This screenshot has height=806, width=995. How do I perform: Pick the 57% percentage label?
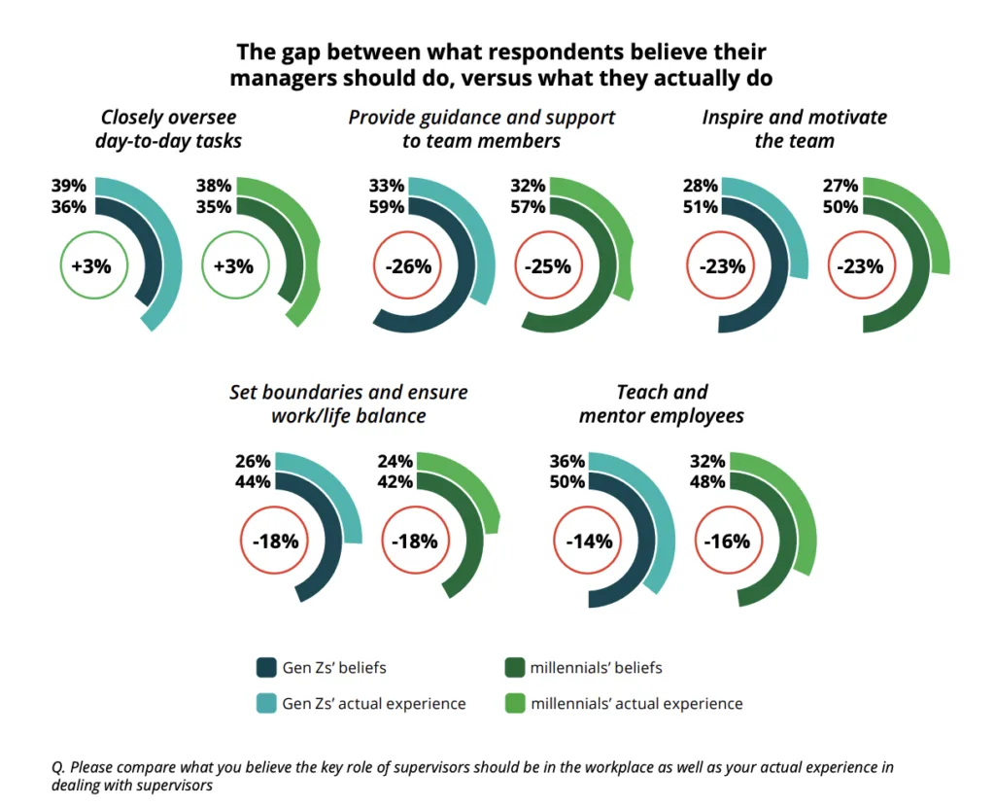click(527, 206)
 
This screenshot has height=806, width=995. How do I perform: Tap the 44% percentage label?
click(253, 481)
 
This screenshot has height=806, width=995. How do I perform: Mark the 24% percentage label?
click(395, 462)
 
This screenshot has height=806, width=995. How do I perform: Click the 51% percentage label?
click(700, 206)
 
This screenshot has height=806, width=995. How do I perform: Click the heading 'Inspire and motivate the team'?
click(795, 128)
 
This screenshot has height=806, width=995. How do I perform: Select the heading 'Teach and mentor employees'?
click(662, 403)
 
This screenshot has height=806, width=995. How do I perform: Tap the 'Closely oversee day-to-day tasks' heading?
click(168, 128)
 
